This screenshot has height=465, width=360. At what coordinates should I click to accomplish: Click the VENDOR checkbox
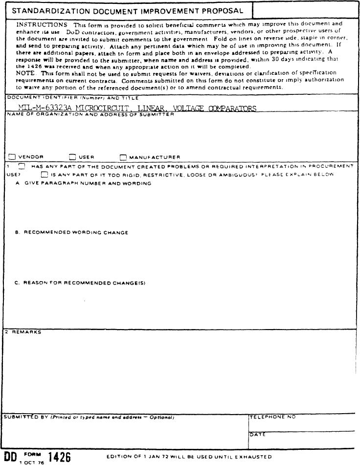tap(12, 157)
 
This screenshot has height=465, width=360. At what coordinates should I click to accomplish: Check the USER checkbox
tap(73, 157)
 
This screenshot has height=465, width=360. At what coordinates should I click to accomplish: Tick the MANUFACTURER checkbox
tap(123, 157)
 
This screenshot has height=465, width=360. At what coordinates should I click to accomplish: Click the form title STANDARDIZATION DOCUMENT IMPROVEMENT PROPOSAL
tap(128, 10)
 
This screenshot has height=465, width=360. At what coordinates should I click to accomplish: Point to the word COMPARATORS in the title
tap(232, 108)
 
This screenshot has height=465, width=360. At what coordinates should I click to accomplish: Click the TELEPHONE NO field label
tap(273, 417)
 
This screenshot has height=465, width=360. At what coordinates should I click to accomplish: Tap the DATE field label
tap(257, 434)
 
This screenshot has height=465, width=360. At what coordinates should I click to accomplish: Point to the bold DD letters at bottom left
tap(10, 457)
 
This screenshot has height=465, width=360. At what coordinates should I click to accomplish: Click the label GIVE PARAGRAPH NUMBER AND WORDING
tap(87, 183)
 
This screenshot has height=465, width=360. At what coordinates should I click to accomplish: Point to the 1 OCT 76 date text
tap(32, 462)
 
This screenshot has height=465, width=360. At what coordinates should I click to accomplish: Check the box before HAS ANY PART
tap(22, 166)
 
